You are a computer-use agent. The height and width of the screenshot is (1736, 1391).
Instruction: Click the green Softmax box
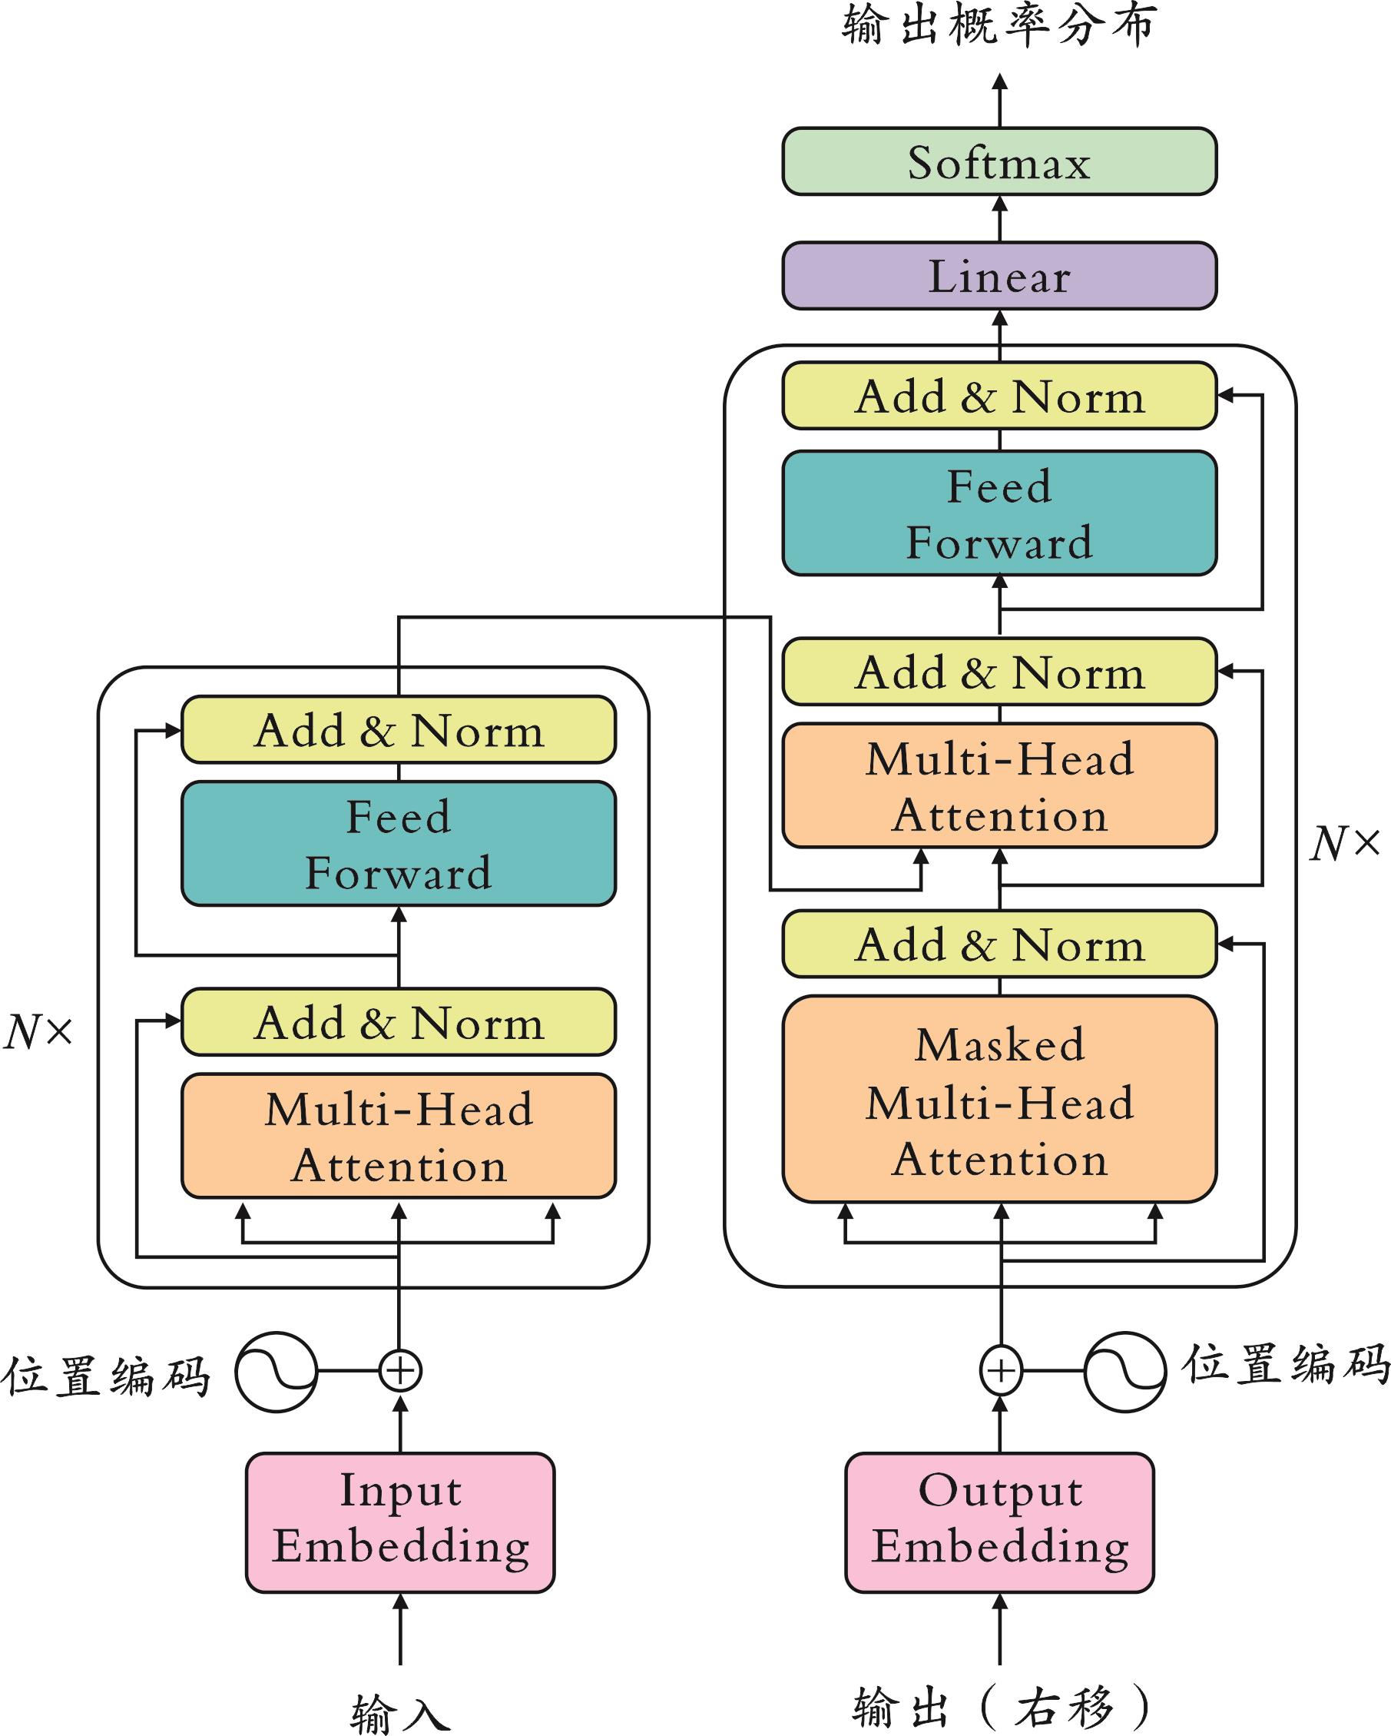999,161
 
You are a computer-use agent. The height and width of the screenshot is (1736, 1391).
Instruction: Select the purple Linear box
999,276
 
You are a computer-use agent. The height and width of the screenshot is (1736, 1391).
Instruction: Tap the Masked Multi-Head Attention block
999,1101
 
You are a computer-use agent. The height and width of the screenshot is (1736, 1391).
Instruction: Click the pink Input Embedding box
400,1522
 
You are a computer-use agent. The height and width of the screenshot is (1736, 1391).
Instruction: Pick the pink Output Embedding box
999,1522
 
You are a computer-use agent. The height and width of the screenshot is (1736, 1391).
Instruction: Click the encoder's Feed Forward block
399,844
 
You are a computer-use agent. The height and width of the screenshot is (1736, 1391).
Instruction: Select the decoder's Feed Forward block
999,513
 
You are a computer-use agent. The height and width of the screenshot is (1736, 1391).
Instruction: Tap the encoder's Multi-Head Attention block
399,1136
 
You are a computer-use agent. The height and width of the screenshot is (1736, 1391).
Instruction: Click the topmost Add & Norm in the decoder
999,395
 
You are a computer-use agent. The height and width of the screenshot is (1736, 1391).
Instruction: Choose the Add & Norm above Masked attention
999,944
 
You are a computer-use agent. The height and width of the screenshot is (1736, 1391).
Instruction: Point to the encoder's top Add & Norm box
399,729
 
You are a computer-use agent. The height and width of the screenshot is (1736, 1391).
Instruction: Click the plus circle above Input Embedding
400,1370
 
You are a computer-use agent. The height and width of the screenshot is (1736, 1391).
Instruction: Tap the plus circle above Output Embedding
1001,1370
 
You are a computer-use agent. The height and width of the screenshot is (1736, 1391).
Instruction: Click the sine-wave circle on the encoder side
276,1371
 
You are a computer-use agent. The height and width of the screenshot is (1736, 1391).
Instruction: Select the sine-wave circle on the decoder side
1124,1371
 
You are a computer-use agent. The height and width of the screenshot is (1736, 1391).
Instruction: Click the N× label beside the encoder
38,1031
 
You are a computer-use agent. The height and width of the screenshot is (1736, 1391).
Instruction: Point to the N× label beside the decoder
1344,844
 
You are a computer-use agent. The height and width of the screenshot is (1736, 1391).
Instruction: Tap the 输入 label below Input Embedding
400,1711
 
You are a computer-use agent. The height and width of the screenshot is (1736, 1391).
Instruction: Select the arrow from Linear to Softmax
1000,218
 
